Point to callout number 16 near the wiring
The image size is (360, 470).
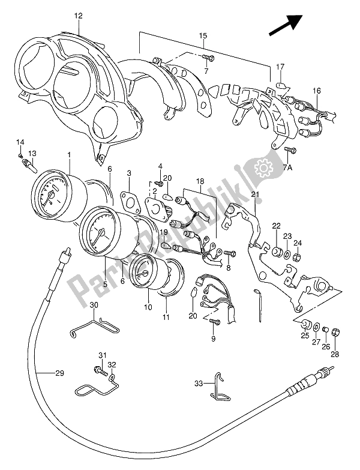click(x=316, y=91)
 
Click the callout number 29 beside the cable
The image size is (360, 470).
click(x=59, y=374)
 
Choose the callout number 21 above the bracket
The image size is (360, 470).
click(x=254, y=194)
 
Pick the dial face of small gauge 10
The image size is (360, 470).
click(x=140, y=276)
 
